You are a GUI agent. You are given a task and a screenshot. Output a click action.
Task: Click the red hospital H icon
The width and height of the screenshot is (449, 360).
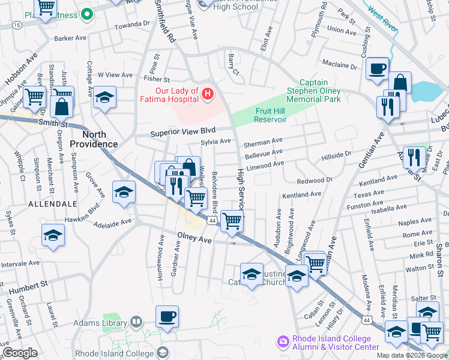[208, 94]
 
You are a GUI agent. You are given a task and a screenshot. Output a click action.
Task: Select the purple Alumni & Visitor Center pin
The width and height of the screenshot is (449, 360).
[282, 341]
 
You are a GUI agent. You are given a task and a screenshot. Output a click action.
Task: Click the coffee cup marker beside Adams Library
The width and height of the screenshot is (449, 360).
[167, 316]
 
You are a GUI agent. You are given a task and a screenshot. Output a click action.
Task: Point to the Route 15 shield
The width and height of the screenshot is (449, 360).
[17, 25]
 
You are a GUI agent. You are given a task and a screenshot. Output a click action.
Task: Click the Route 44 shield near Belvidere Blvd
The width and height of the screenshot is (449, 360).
[212, 221]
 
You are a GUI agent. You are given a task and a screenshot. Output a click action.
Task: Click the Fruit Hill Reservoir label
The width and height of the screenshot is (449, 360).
[262, 115]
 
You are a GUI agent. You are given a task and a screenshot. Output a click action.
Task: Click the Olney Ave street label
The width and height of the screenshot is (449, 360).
[194, 238]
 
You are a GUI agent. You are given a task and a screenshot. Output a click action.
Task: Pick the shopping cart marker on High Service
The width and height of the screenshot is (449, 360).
[232, 220]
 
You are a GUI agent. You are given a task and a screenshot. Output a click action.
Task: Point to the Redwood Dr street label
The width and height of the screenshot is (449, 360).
[315, 180]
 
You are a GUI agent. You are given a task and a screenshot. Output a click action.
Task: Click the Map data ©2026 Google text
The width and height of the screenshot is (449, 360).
[412, 355]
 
